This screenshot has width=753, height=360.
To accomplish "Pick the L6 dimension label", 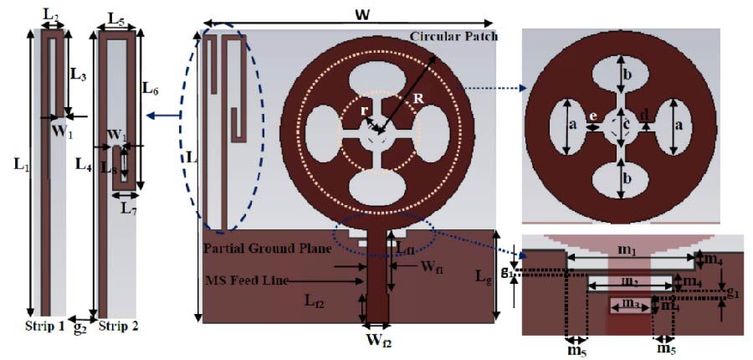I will click(x=151, y=87).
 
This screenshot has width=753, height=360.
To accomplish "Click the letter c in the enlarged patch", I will click(x=624, y=127).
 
